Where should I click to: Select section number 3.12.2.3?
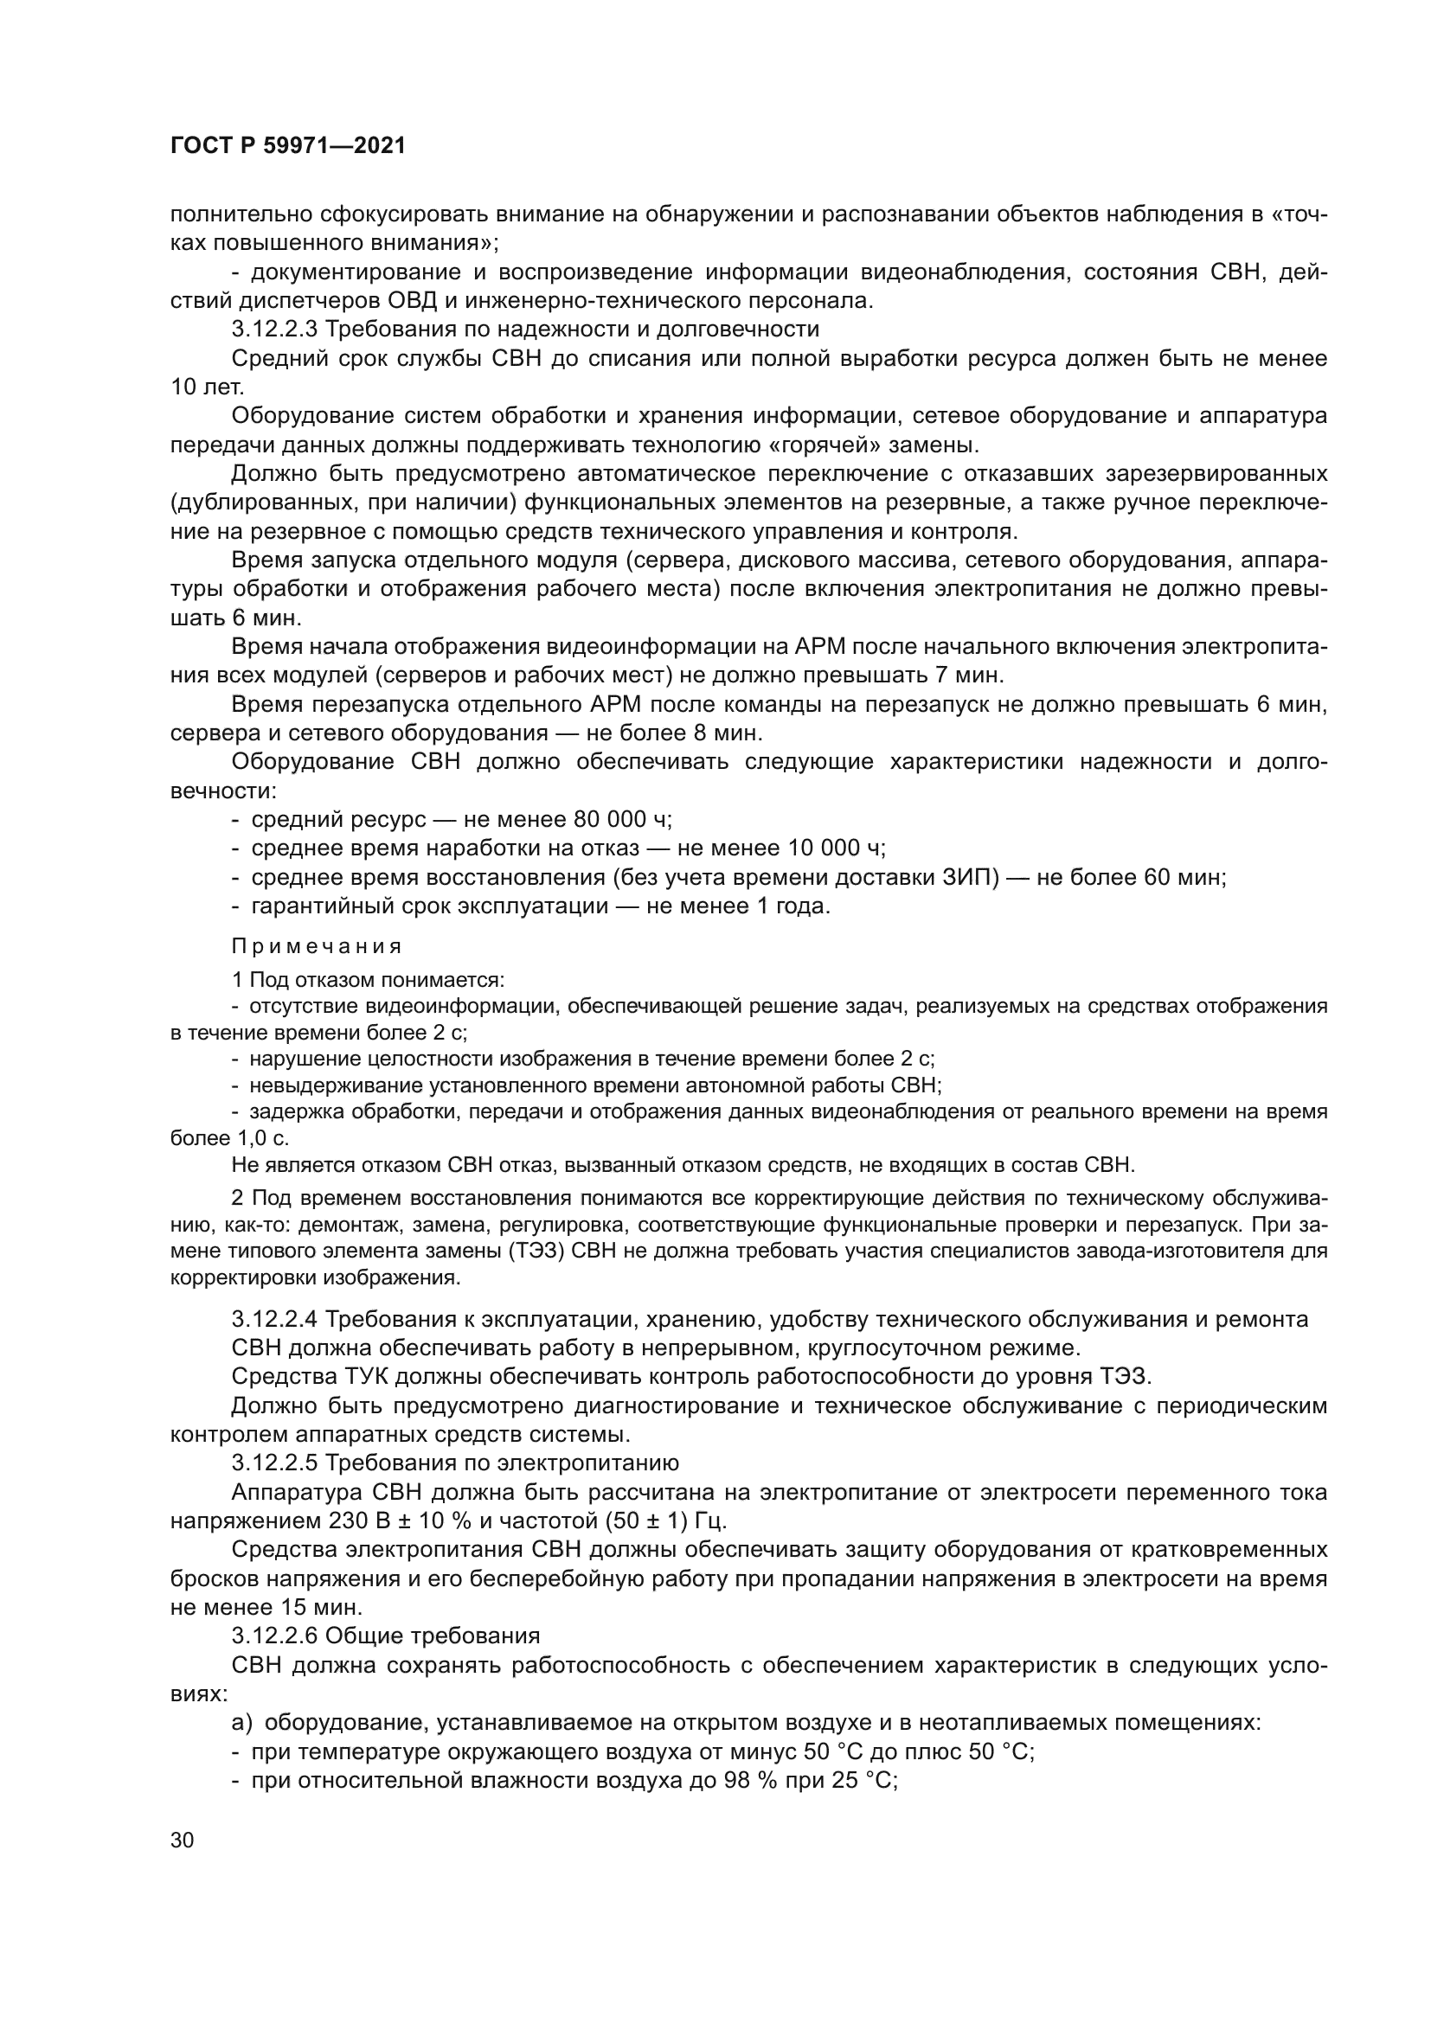click(275, 330)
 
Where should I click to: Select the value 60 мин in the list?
click(1184, 878)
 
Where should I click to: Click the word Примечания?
click(317, 946)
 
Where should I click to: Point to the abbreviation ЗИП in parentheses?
click(969, 878)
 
